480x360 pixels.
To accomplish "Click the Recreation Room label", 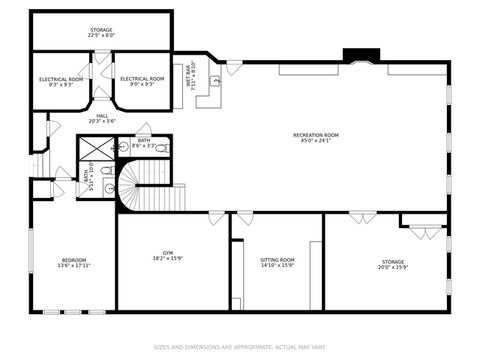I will click(x=316, y=137).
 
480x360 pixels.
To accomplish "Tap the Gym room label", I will click(x=168, y=256).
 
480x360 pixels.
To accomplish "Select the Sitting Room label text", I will click(x=277, y=262).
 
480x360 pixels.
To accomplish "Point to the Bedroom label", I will click(x=72, y=263).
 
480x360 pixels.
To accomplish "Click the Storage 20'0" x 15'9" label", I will click(x=392, y=265).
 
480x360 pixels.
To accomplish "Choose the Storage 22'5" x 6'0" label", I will click(x=101, y=33).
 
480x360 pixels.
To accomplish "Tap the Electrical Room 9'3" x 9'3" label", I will click(x=61, y=81).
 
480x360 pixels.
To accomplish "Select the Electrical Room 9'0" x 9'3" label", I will click(x=142, y=81).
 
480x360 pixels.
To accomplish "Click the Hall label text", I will click(x=102, y=118).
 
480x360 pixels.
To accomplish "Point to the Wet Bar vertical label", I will click(x=190, y=76).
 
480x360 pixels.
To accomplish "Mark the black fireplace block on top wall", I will click(x=355, y=55).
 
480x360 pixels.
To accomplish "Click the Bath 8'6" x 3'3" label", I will click(x=144, y=144).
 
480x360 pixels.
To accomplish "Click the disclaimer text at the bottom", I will click(x=240, y=348).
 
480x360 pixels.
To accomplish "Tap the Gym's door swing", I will click(x=216, y=215).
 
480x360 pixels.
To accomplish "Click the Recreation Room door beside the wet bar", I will click(x=233, y=67).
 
